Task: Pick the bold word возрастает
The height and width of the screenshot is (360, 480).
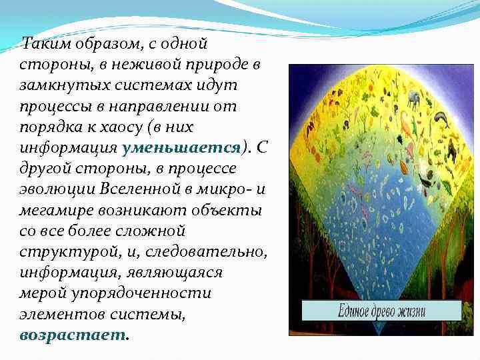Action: pyautogui.click(x=73, y=332)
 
